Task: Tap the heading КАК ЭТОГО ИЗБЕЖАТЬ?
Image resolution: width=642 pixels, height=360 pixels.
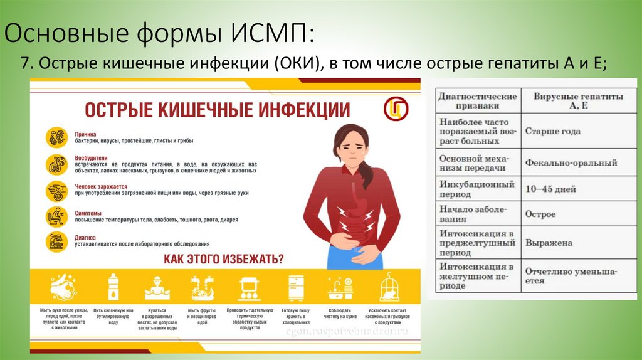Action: [223, 258]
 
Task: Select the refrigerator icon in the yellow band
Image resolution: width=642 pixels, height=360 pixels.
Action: [297, 288]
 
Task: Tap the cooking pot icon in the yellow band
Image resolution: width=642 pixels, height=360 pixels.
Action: [249, 288]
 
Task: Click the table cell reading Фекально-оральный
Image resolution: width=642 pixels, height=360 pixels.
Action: [571, 163]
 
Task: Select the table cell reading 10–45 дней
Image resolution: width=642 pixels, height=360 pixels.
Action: [550, 189]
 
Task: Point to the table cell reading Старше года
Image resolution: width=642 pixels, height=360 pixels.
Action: [552, 132]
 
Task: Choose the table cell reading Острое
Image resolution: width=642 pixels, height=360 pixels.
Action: [540, 214]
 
